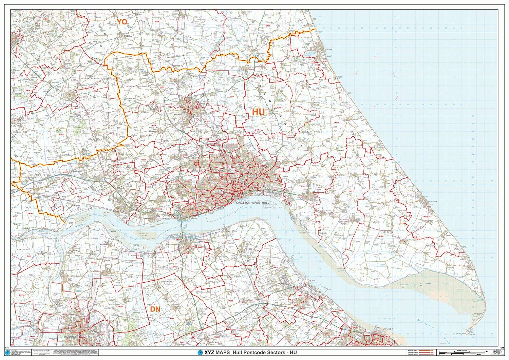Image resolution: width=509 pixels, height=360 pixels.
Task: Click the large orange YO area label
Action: pyautogui.click(x=122, y=22)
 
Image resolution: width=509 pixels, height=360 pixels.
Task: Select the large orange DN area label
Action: pyautogui.click(x=155, y=309)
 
